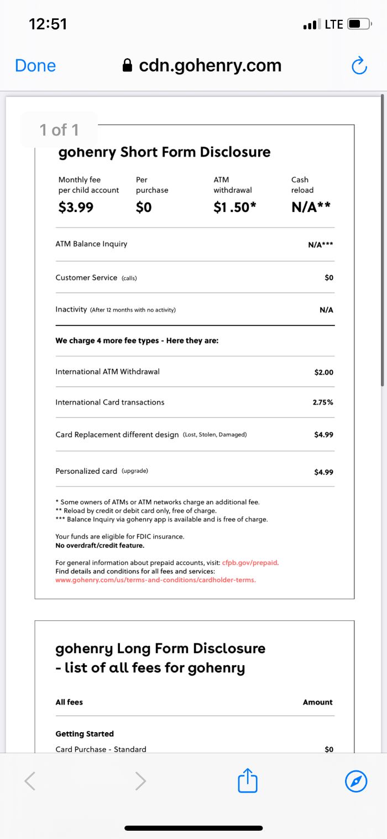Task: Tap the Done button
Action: (35, 66)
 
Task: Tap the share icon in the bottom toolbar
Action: (248, 781)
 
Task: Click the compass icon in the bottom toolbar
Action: (355, 781)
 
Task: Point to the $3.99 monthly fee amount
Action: (76, 208)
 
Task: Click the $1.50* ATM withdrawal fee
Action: (235, 208)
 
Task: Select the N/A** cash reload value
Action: (311, 208)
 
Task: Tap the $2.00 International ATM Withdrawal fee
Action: (323, 372)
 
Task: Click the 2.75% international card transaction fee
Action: (323, 402)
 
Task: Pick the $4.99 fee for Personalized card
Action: (323, 472)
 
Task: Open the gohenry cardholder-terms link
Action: (155, 580)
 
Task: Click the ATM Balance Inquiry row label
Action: (91, 244)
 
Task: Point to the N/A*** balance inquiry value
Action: (320, 244)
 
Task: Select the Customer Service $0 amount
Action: (329, 278)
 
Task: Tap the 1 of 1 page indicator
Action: (59, 130)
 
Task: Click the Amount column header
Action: (317, 702)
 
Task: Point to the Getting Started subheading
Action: (85, 734)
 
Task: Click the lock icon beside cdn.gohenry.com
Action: (128, 66)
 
